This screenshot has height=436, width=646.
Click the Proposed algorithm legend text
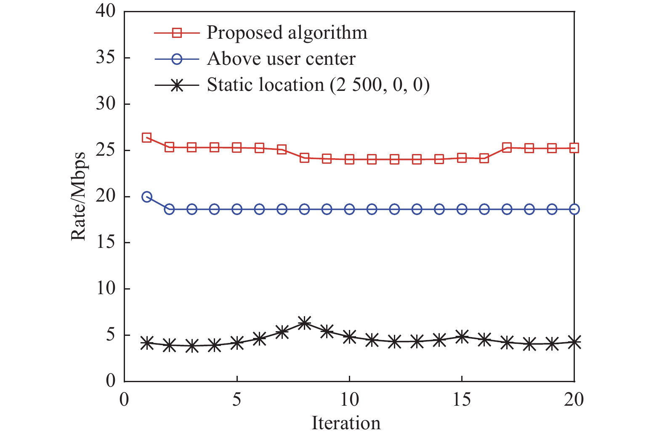point(287,33)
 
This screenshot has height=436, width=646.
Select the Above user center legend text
point(281,59)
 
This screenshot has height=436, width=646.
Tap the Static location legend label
point(318,85)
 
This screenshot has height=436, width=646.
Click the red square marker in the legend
point(177,33)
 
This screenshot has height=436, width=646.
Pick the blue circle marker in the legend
point(177,59)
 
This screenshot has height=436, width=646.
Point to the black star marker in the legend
point(177,85)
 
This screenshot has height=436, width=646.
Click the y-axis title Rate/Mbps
point(78,196)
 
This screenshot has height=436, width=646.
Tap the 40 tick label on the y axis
point(105,11)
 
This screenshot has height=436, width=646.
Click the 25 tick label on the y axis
point(105,150)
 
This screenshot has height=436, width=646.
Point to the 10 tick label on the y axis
point(105,289)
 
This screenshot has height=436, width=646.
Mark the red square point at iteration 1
point(147,138)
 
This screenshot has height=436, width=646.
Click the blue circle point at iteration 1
point(147,197)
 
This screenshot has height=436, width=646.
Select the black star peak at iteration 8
point(304,323)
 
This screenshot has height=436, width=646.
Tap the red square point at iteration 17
point(507,147)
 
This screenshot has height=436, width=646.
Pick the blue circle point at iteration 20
point(574,209)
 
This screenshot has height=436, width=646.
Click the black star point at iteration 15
point(462,336)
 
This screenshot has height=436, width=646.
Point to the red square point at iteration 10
point(349,160)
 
